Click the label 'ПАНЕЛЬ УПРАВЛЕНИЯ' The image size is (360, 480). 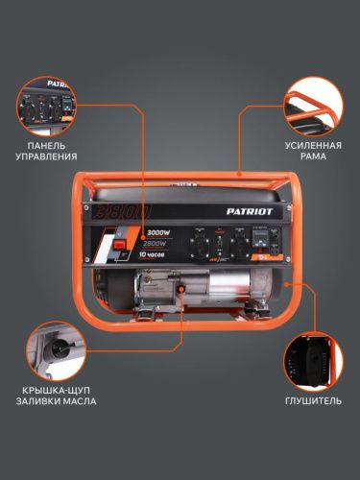(46, 150)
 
